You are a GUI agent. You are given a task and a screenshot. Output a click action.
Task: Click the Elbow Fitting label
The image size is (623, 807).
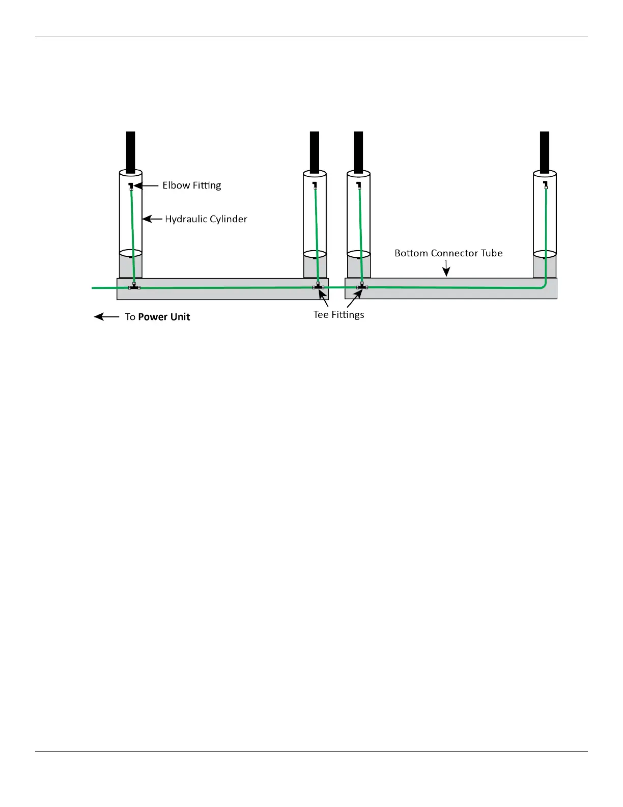click(x=192, y=185)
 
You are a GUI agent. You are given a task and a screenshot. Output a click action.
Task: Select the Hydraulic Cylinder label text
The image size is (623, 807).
click(x=206, y=219)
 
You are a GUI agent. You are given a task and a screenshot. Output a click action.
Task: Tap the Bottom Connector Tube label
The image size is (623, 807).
click(x=448, y=253)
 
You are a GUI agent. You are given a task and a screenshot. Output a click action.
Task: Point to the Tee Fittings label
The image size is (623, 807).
click(x=338, y=315)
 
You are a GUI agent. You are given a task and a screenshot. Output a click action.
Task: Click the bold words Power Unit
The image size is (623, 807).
click(x=164, y=317)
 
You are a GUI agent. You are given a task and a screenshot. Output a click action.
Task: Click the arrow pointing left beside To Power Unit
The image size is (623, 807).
click(x=106, y=317)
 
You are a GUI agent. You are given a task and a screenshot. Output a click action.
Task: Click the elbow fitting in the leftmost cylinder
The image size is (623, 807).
click(x=131, y=185)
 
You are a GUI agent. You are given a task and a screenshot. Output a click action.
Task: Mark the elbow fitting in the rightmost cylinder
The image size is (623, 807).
click(x=545, y=183)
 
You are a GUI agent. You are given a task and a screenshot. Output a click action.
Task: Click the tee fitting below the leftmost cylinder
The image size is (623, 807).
click(x=134, y=287)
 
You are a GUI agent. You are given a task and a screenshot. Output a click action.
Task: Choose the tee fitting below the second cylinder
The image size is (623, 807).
click(x=319, y=287)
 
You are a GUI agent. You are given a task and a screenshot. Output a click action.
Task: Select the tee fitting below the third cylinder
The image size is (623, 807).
click(x=362, y=287)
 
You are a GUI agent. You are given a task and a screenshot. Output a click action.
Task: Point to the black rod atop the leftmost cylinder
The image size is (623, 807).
click(x=131, y=152)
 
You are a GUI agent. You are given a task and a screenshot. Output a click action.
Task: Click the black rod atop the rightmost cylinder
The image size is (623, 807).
click(x=545, y=152)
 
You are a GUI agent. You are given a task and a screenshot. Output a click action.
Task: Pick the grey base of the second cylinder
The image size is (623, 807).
click(x=315, y=266)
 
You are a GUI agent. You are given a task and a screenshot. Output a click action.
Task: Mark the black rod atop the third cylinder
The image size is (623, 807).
click(x=358, y=152)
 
